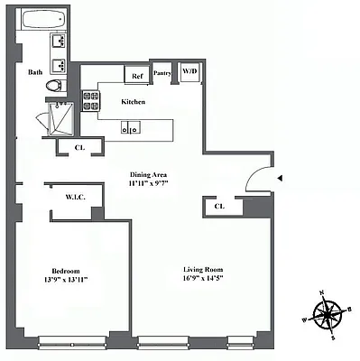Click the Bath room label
click(35, 72)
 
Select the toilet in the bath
click(56, 87)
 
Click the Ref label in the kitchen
click(138, 76)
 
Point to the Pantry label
click(163, 74)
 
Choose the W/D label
click(190, 70)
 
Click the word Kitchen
click(133, 102)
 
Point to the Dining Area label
click(147, 175)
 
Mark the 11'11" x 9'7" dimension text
click(147, 183)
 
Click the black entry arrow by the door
click(281, 179)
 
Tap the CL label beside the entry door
click(219, 207)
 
